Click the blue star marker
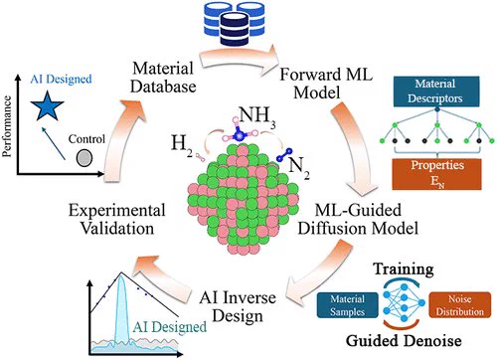coord(47,106)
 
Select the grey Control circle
coord(84,158)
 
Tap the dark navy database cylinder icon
coord(235,29)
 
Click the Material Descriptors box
coord(436,91)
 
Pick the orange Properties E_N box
coord(436,174)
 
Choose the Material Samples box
coord(347,305)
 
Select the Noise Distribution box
coord(460,305)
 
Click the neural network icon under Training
coord(404,302)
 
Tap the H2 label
coord(182,146)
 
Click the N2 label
coord(299,168)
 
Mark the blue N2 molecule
coord(284,154)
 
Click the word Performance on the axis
coord(7,126)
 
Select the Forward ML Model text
coord(326,83)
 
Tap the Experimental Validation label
coord(116,219)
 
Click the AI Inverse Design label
coord(238,306)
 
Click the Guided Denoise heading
coord(404,340)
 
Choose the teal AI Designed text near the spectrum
coord(169,327)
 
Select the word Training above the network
coord(404,270)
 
